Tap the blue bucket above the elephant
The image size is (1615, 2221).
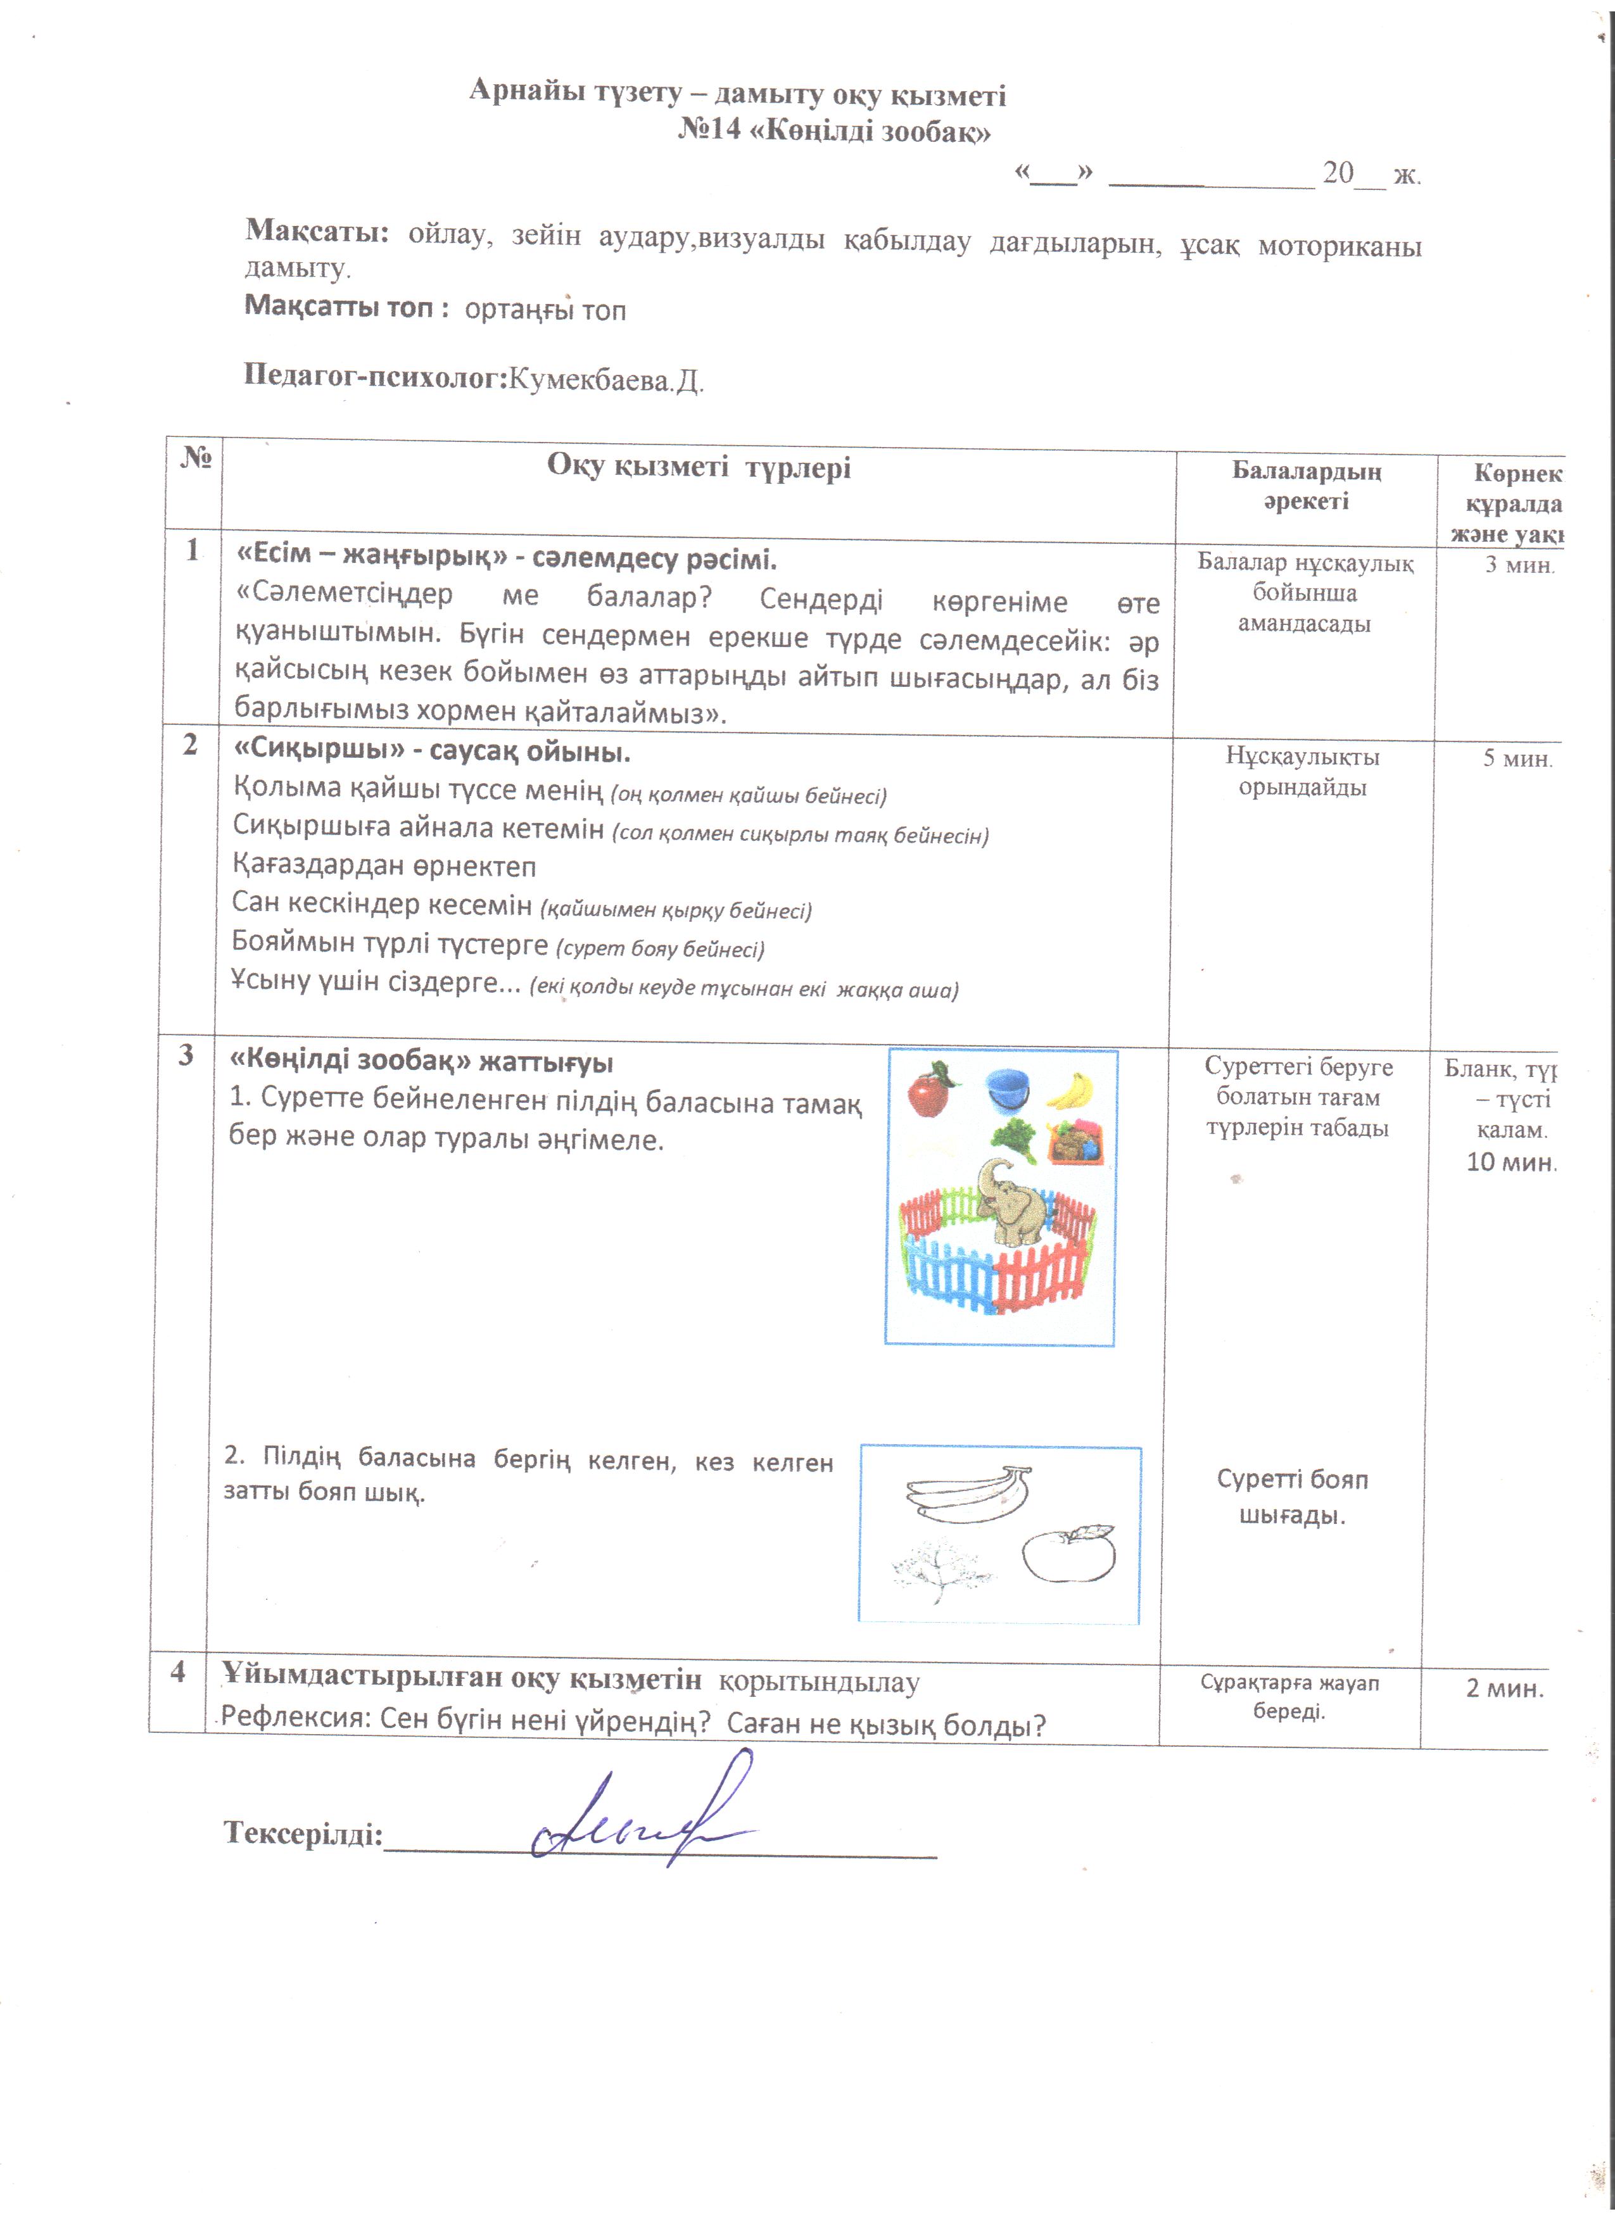(x=1007, y=1089)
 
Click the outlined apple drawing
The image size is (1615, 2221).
(x=1070, y=1554)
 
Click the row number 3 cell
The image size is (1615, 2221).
(x=185, y=1055)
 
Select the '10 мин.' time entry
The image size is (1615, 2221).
(x=1509, y=1162)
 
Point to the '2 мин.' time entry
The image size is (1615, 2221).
(x=1504, y=1689)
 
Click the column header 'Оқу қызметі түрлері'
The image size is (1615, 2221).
(x=699, y=467)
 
